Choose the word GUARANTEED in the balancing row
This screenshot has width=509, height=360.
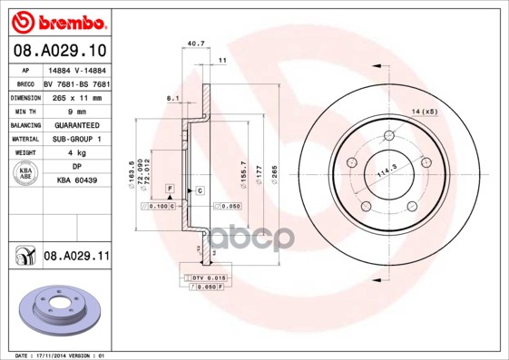click(75, 125)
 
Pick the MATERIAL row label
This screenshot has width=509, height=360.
click(24, 139)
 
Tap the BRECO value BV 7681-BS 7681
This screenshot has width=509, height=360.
click(75, 83)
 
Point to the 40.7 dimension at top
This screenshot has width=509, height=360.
click(193, 42)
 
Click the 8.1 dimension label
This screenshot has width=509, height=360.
click(172, 97)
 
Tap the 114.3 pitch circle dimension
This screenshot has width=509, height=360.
click(388, 170)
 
